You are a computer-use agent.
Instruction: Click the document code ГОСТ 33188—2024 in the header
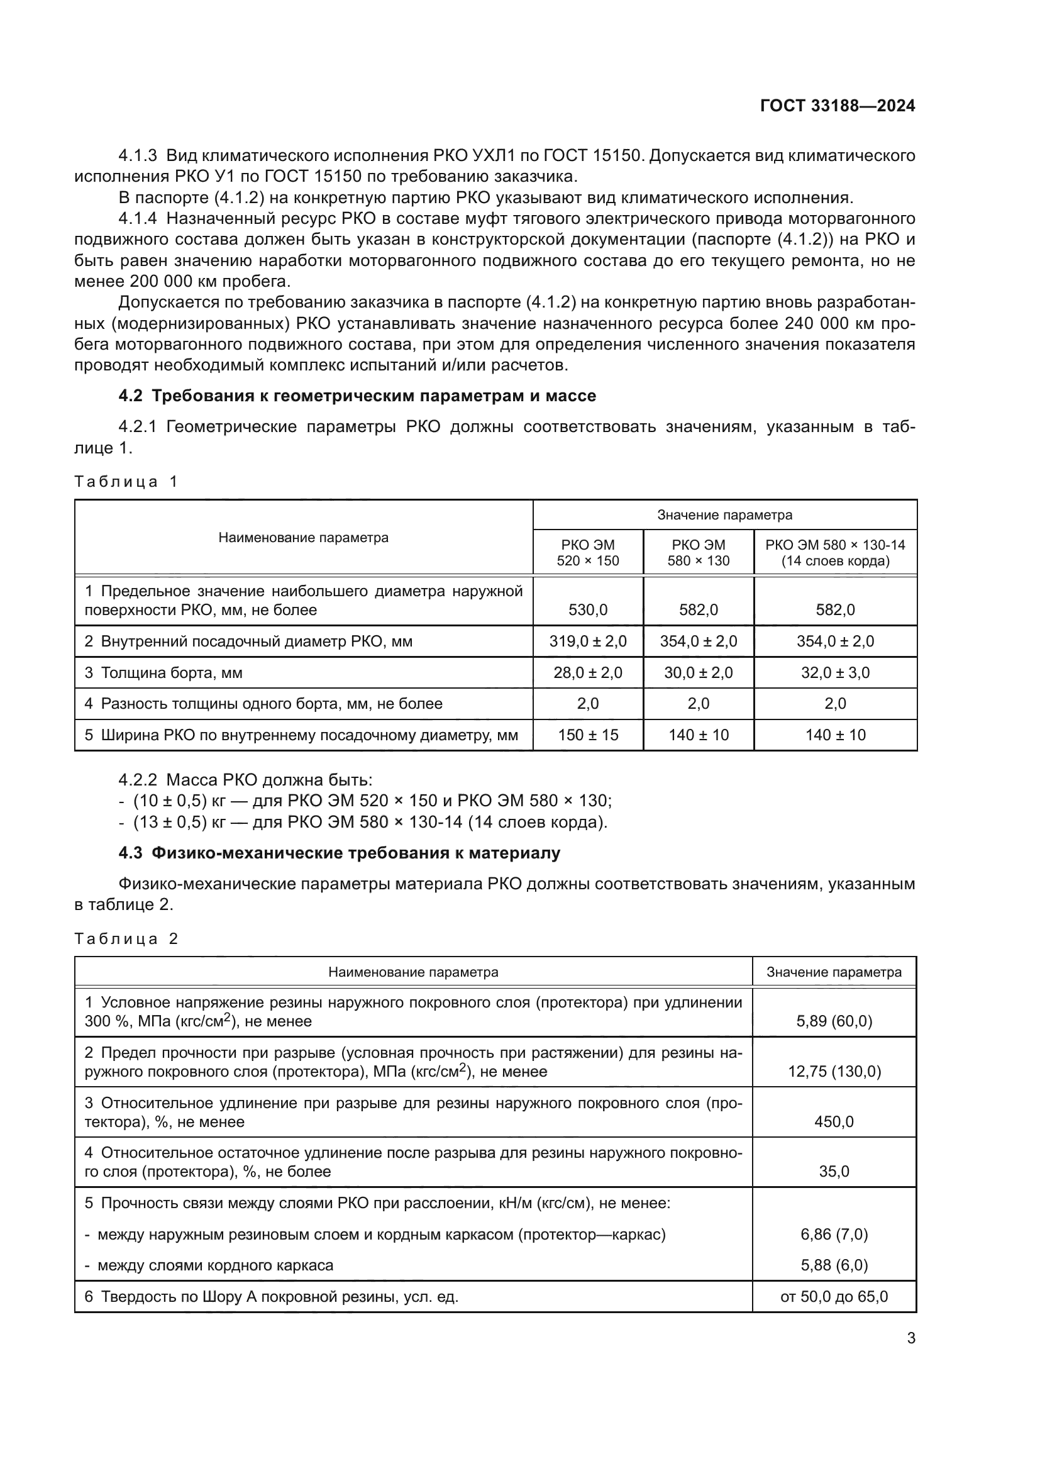[x=837, y=106]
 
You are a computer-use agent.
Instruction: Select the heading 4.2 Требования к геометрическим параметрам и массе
[x=357, y=396]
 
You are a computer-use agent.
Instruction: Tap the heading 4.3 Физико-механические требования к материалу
[x=339, y=853]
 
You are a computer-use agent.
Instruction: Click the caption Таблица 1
[x=126, y=482]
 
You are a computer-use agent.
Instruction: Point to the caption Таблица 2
[x=126, y=939]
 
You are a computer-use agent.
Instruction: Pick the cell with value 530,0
[x=587, y=610]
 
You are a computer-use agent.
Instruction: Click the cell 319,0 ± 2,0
[x=587, y=641]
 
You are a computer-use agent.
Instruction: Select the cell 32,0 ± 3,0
[x=835, y=673]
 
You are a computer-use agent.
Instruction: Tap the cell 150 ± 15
[x=587, y=735]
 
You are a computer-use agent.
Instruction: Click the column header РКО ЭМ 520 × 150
[x=587, y=553]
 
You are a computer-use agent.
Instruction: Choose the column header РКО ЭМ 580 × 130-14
[x=835, y=553]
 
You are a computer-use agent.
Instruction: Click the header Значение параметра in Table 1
[x=724, y=515]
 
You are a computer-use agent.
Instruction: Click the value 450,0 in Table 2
[x=834, y=1122]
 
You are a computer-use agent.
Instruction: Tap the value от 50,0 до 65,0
[x=834, y=1297]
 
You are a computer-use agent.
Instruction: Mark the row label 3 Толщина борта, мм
[x=163, y=673]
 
